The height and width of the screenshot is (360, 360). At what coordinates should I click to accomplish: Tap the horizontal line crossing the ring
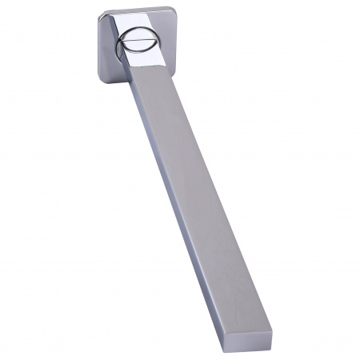tap(131, 42)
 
